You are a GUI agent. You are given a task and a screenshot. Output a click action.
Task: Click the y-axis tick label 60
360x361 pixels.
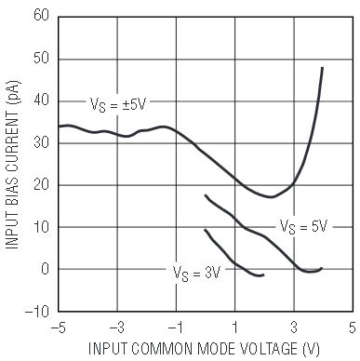(42, 15)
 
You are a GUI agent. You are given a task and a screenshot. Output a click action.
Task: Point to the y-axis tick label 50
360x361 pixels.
(42, 58)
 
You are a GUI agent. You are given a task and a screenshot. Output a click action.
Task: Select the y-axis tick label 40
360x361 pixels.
(42, 100)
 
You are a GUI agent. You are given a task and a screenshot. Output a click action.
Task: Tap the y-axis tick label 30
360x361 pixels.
(42, 142)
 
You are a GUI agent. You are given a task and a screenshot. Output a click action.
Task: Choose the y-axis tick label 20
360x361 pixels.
(42, 184)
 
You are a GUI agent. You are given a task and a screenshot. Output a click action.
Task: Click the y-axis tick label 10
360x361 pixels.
(42, 227)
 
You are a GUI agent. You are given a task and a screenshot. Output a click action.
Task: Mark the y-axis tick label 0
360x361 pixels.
(46, 269)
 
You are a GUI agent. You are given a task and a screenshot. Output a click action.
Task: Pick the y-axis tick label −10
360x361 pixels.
(37, 311)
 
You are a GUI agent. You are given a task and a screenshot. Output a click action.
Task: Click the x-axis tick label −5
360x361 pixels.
(58, 328)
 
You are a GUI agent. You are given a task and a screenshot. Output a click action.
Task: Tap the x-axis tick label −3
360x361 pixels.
(117, 328)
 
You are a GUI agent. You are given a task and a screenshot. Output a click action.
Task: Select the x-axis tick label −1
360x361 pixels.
(176, 328)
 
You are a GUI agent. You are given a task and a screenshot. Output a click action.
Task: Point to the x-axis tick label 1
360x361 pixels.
(235, 328)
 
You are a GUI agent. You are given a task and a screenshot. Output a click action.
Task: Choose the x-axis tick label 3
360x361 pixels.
(294, 328)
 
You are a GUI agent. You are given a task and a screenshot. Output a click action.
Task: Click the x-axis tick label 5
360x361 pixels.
(353, 328)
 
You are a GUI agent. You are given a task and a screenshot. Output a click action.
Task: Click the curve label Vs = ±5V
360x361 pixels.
(118, 105)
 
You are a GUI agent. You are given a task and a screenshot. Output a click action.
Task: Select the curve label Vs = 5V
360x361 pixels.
(303, 226)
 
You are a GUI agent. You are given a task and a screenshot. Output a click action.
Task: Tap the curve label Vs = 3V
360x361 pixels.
(196, 274)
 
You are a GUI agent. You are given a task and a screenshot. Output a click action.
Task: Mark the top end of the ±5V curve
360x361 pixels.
(323, 68)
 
